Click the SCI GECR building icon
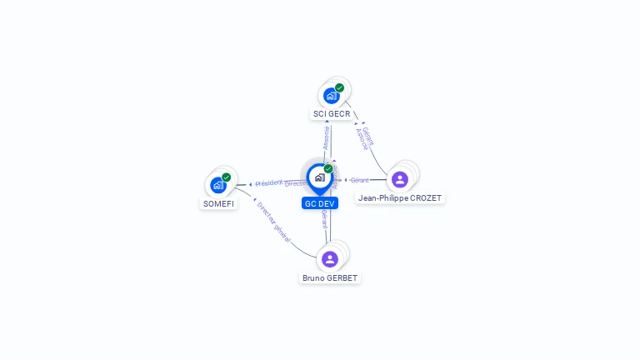click(331, 96)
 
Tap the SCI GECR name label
click(332, 113)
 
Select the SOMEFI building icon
click(218, 185)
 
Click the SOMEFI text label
click(218, 203)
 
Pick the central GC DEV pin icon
click(319, 177)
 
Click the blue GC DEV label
click(320, 203)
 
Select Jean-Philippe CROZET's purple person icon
click(400, 179)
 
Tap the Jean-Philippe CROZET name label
click(400, 198)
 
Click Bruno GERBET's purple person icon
click(330, 259)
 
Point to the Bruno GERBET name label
click(330, 277)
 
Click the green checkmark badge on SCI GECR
click(340, 87)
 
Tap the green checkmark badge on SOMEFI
click(227, 177)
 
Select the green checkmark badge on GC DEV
click(328, 168)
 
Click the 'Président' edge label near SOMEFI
click(269, 183)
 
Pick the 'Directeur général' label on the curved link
click(273, 222)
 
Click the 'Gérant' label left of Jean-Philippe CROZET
click(359, 180)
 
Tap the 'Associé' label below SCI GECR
click(327, 138)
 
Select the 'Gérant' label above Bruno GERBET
click(324, 218)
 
